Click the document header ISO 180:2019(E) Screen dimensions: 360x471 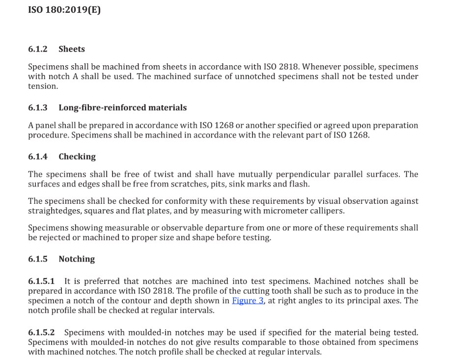click(x=64, y=9)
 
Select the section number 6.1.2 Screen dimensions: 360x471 click(x=38, y=49)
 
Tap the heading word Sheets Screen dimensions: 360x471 click(x=72, y=49)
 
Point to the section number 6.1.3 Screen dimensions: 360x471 click(x=38, y=108)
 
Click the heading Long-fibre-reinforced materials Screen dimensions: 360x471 click(x=122, y=108)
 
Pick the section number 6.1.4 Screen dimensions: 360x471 click(x=38, y=157)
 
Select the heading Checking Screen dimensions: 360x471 click(x=77, y=157)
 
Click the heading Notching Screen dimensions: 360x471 click(x=77, y=259)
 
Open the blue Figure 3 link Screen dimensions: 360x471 click(x=248, y=301)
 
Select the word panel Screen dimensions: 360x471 click(x=46, y=125)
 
